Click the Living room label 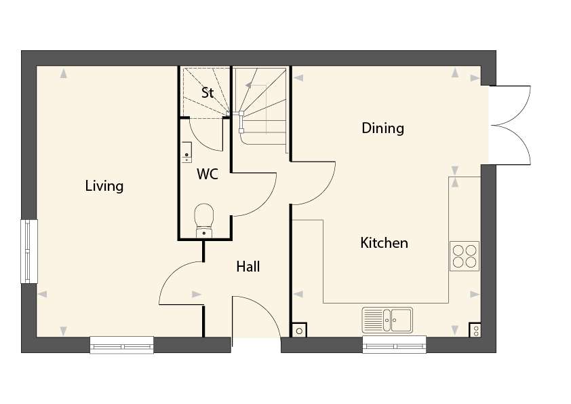click(104, 186)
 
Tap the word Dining click(382, 128)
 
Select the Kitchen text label click(384, 243)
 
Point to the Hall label click(248, 267)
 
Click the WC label click(208, 174)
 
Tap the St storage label click(208, 92)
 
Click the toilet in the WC click(204, 221)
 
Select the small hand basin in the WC click(186, 152)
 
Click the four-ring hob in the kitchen click(465, 256)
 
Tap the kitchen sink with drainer click(387, 320)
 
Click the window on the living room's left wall click(29, 251)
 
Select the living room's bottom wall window click(121, 345)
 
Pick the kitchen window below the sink click(394, 345)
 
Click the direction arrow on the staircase click(248, 86)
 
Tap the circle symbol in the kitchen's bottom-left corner click(299, 331)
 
